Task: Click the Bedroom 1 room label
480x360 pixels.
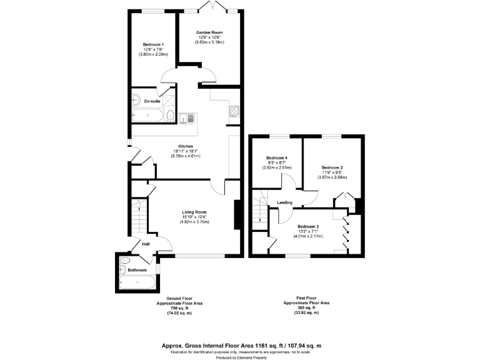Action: [x=152, y=44]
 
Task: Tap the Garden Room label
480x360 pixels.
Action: [x=209, y=32]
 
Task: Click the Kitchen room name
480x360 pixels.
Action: [x=184, y=146]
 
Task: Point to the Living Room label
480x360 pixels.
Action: [x=194, y=212]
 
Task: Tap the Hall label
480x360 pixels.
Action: [x=146, y=244]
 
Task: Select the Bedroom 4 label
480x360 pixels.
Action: [x=276, y=157]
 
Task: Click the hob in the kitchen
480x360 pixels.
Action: [x=234, y=112]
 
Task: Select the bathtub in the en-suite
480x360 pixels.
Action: [x=147, y=115]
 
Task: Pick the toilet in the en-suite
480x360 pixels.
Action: [x=171, y=115]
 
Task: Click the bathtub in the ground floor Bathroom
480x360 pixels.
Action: [x=136, y=284]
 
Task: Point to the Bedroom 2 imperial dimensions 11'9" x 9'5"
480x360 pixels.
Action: [x=332, y=172]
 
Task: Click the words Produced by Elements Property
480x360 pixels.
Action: [x=240, y=359]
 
